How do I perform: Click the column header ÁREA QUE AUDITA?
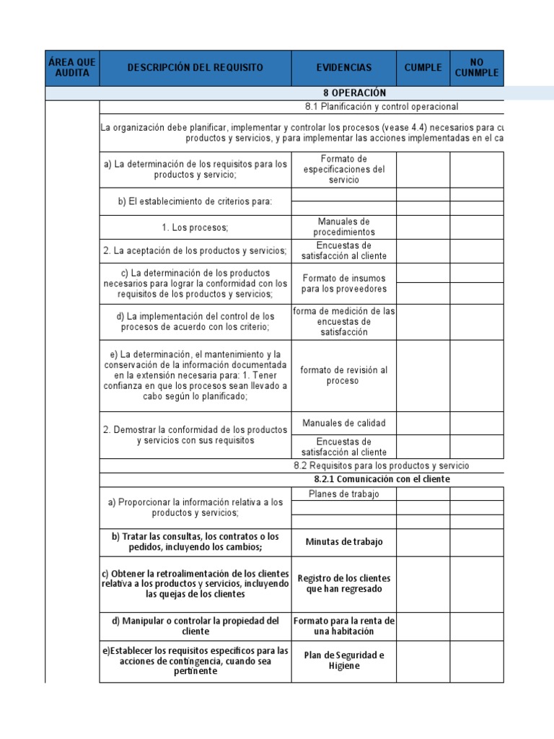click(72, 68)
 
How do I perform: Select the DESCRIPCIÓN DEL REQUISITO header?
click(195, 68)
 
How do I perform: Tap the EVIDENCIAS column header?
click(343, 68)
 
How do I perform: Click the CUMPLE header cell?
click(423, 68)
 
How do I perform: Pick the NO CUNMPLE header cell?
click(476, 68)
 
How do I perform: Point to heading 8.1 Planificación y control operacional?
click(381, 107)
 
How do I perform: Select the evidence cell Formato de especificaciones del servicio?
click(343, 170)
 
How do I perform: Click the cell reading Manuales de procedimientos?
click(343, 227)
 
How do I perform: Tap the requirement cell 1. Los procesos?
click(195, 227)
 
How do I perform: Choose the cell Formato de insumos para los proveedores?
click(343, 284)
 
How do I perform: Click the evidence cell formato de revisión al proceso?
click(343, 375)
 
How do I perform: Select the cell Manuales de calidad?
click(343, 423)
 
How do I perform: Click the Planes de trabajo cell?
click(343, 494)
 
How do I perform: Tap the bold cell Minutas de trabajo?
click(343, 542)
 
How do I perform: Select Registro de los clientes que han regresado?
click(343, 584)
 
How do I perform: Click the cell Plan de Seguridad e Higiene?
click(343, 660)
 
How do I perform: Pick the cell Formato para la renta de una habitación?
click(343, 626)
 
